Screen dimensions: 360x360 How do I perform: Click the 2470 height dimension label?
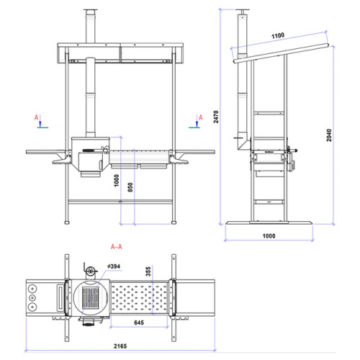point(216,117)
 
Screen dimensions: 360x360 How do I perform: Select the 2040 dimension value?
point(329,135)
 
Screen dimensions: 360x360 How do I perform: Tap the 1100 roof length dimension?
point(278,36)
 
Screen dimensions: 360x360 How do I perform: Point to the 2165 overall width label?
point(120,346)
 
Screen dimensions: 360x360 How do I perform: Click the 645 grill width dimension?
point(139,323)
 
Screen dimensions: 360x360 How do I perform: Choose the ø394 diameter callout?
point(114,266)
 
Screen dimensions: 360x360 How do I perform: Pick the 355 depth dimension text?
point(148,271)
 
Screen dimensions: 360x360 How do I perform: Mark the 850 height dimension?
point(130,187)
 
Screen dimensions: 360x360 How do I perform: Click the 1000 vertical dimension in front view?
point(117,181)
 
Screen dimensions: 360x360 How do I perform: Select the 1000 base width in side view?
point(269,235)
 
